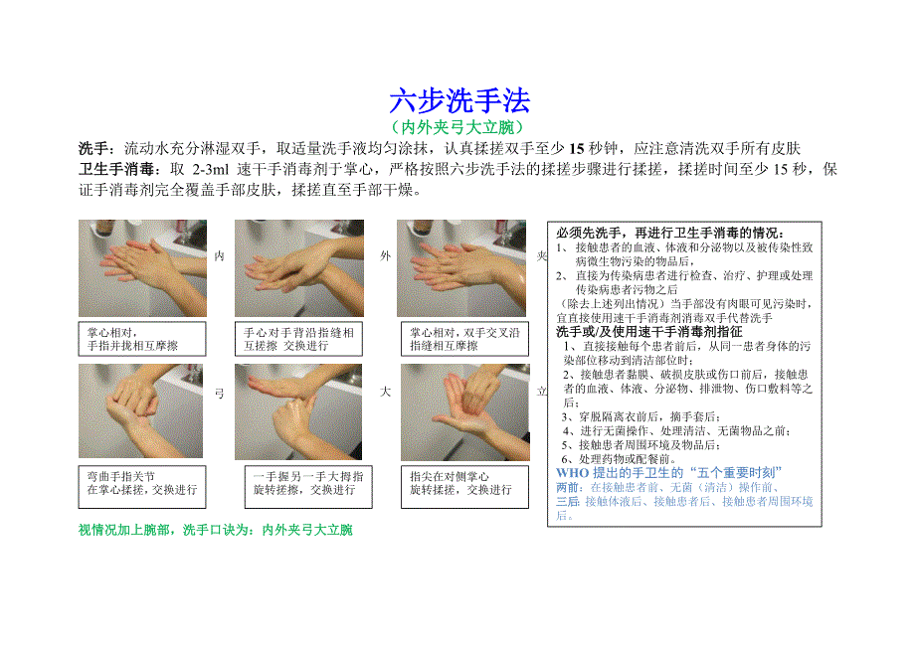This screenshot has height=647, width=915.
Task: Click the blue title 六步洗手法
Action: point(459,100)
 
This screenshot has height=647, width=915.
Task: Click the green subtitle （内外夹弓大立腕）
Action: point(459,127)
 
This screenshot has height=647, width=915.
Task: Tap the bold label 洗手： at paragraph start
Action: point(98,149)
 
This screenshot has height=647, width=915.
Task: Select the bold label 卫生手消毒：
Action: point(120,169)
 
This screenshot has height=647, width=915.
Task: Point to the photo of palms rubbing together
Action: point(142,268)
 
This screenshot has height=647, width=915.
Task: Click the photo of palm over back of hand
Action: point(298,268)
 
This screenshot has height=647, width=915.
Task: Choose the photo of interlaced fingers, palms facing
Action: point(461,268)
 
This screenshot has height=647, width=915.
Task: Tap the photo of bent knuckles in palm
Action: point(140,410)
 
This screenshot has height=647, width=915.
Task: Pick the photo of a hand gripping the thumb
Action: point(298,412)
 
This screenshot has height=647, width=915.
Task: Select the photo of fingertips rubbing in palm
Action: point(465,412)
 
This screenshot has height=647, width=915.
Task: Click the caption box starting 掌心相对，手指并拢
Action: point(142,339)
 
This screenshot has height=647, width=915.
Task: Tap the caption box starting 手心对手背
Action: point(298,339)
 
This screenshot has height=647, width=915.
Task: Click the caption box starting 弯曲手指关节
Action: point(142,487)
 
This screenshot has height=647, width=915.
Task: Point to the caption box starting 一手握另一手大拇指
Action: point(308,487)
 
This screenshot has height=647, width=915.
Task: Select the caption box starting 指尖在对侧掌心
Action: point(465,487)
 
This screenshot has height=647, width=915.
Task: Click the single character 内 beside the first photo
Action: point(220,255)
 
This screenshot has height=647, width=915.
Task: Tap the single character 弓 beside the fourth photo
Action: point(220,394)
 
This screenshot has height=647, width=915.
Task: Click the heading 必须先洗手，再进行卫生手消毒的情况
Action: point(670,234)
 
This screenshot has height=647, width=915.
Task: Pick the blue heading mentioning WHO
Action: point(668,473)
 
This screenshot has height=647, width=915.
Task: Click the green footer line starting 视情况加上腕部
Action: point(216,530)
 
